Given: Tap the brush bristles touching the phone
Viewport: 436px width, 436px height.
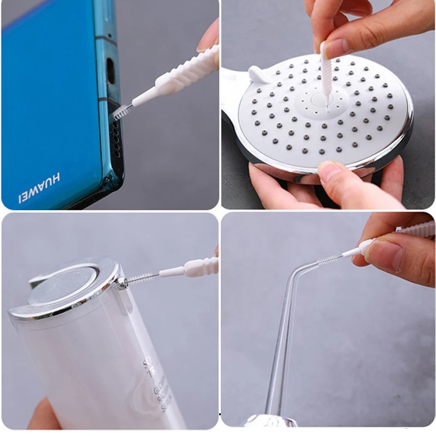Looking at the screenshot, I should [122, 111].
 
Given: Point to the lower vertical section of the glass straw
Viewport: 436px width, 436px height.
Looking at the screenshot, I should [277, 354].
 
